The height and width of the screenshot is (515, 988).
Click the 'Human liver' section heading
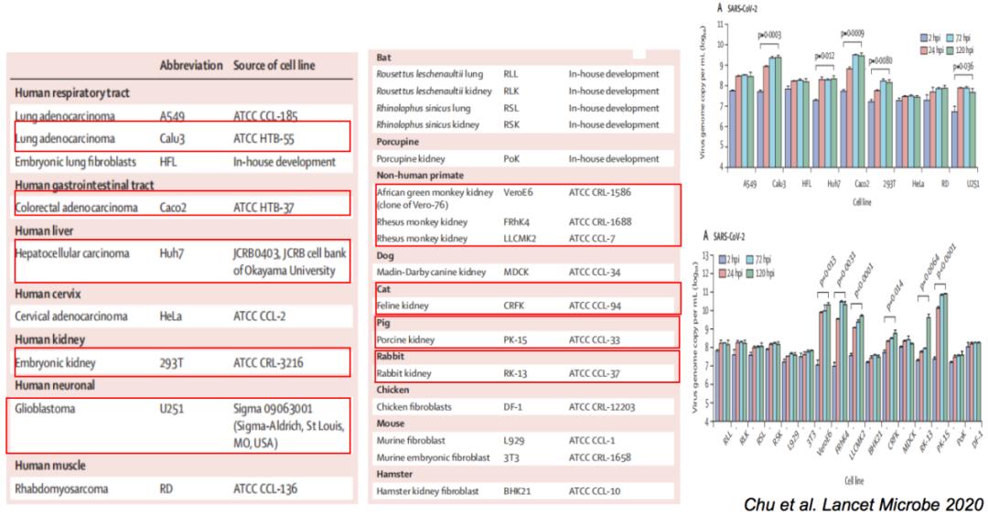(x=45, y=231)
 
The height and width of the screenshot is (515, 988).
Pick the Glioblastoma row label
(x=48, y=409)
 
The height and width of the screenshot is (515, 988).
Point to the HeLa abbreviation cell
(x=171, y=317)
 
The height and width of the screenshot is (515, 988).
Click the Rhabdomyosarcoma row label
(x=61, y=488)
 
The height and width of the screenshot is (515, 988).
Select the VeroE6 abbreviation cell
(x=522, y=194)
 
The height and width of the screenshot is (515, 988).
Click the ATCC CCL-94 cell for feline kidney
(x=600, y=304)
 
